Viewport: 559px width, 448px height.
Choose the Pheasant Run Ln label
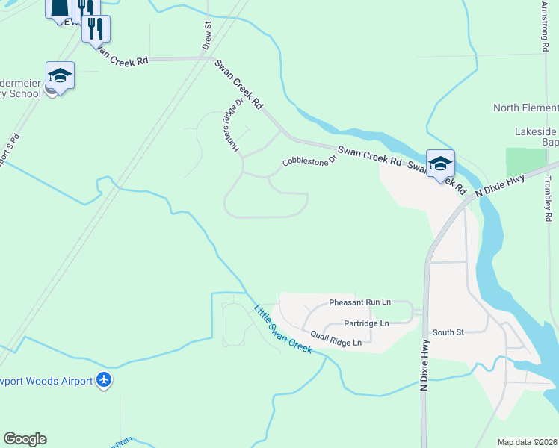359,302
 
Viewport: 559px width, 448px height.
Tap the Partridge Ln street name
365,323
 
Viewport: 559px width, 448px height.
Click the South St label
448,332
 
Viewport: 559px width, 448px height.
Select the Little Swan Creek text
282,329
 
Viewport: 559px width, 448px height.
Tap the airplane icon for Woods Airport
104,381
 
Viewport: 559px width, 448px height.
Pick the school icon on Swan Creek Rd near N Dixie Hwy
440,163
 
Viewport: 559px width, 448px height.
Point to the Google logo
25,439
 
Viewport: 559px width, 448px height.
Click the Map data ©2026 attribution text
527,442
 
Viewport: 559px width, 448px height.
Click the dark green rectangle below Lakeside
526,162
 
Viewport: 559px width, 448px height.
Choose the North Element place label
525,108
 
